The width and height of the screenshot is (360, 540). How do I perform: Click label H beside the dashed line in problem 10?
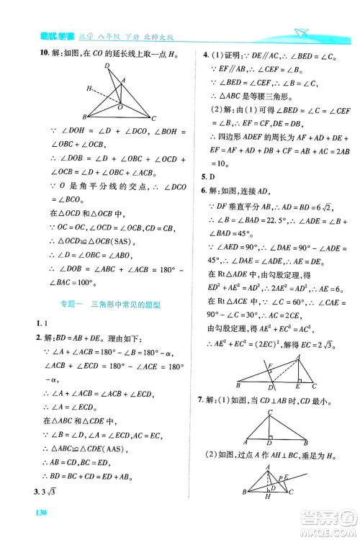pyautogui.click(x=88, y=89)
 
